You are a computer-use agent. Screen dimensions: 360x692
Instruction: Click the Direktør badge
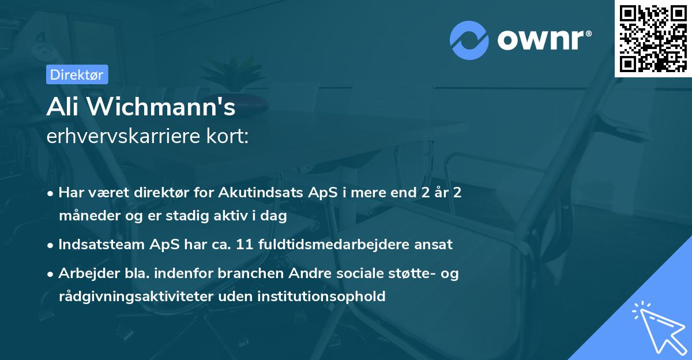tap(77, 74)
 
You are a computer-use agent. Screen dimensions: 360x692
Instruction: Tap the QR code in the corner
tap(653, 38)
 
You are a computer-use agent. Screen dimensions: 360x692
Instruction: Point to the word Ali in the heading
tap(61, 108)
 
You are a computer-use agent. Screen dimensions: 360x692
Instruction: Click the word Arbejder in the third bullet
tap(85, 273)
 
